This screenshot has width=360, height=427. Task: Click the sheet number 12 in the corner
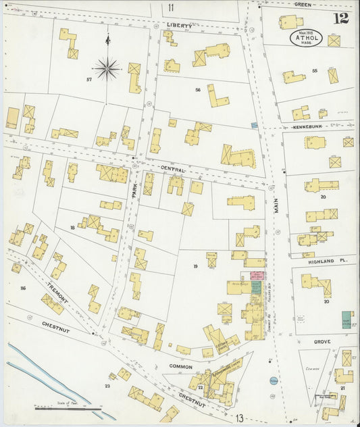click(x=340, y=18)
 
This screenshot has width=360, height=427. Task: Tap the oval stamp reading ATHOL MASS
click(x=307, y=38)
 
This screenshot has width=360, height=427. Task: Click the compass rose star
click(x=107, y=68)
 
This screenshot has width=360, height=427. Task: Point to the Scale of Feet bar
click(x=68, y=408)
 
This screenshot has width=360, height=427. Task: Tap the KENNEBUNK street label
click(x=309, y=126)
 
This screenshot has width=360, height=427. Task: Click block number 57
click(x=88, y=80)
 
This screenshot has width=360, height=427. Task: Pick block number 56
click(x=198, y=89)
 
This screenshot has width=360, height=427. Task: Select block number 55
click(x=315, y=70)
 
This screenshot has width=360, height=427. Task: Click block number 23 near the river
click(x=107, y=386)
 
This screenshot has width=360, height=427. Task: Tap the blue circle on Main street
click(x=272, y=381)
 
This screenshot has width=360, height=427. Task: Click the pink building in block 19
click(x=257, y=277)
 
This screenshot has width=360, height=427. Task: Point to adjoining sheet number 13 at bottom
click(x=240, y=419)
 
